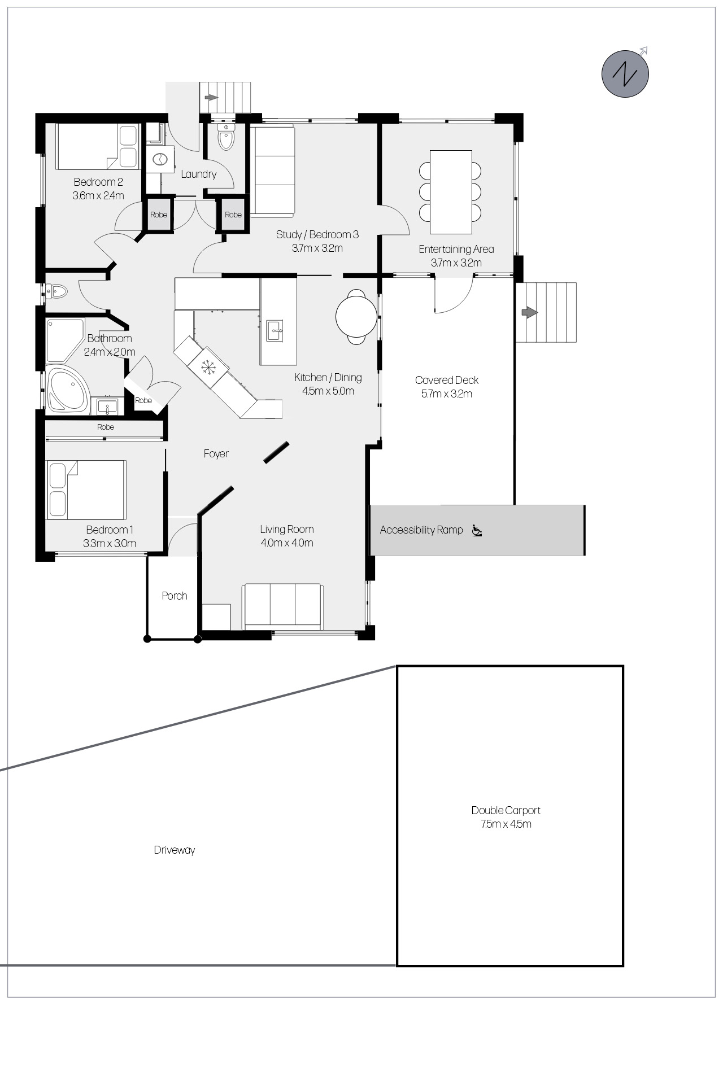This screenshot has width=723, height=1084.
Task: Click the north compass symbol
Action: point(625,73)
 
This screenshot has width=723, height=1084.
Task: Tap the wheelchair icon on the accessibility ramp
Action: point(477,530)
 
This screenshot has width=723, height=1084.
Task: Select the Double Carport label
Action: point(506,810)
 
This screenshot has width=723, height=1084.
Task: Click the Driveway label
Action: point(175,850)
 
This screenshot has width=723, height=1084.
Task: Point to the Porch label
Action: point(175,596)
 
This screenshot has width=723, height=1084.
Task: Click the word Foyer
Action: point(216,453)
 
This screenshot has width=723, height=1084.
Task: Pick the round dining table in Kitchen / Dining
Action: point(356,317)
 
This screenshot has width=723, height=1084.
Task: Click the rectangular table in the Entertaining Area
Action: point(451,192)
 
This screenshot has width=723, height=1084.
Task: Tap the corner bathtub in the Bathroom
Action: point(68,390)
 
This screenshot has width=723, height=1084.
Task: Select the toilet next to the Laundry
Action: point(226,137)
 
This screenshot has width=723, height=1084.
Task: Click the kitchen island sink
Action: point(275,330)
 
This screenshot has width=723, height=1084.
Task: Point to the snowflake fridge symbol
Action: point(208,366)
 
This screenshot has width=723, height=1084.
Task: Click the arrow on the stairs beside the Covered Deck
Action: point(529,312)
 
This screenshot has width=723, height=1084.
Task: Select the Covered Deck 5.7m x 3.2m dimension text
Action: point(447,394)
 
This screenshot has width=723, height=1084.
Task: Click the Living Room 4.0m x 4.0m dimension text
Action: point(287,543)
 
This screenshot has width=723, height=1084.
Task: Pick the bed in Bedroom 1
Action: point(86,489)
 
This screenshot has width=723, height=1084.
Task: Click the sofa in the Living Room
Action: point(283,606)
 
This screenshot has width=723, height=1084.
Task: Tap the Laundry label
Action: point(199,174)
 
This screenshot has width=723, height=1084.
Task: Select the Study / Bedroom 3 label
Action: point(317,234)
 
